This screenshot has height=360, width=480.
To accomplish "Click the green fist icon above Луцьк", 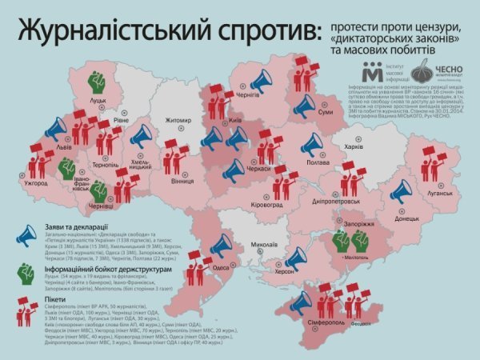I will click(98, 82).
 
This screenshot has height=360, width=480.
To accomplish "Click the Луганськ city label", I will click(439, 193).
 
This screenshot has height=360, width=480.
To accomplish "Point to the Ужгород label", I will click(37, 183).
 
